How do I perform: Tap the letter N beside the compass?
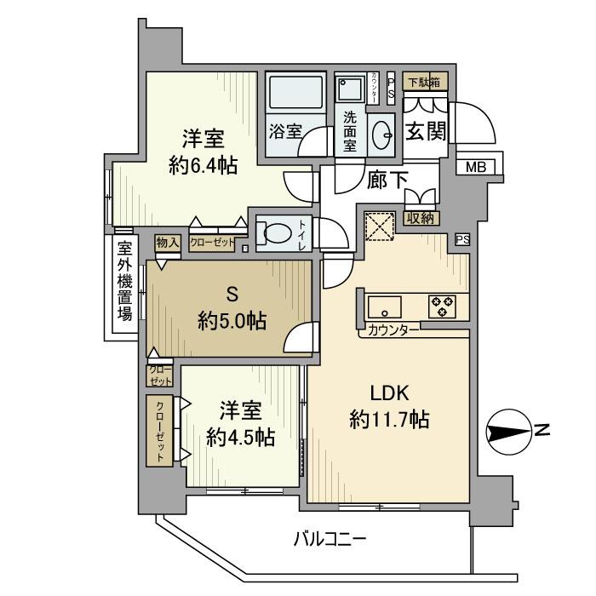[x=542, y=431]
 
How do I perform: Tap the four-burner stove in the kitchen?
[x=443, y=306]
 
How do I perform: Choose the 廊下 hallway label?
[x=387, y=181]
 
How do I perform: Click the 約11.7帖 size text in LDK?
[x=389, y=419]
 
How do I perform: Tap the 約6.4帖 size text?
[x=203, y=165]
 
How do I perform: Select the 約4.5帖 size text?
[x=240, y=437]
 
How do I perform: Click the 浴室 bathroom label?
[x=285, y=131]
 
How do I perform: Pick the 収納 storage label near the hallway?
[x=421, y=218]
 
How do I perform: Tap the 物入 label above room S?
[x=167, y=244]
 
